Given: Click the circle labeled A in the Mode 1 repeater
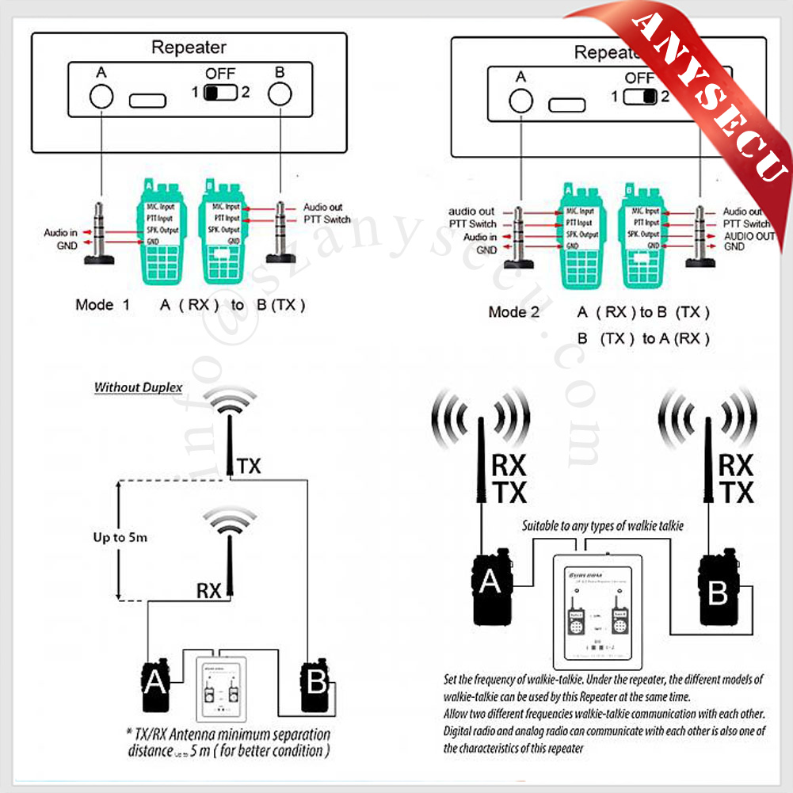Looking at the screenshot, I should (x=101, y=96).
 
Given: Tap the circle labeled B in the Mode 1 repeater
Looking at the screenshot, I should (x=279, y=94).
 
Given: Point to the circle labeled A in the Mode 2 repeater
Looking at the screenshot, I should (x=520, y=100).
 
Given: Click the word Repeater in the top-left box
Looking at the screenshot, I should (x=189, y=48).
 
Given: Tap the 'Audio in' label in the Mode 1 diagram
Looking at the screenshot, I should (x=60, y=233).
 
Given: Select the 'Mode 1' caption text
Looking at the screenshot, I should (x=102, y=304).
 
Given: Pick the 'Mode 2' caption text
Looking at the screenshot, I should (x=513, y=312).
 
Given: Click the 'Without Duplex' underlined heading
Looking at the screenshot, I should (x=139, y=388).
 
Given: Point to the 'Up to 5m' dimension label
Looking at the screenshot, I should (x=120, y=537).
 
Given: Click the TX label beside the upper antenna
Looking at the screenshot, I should (x=248, y=467).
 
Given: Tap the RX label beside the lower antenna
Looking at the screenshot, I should (x=209, y=589).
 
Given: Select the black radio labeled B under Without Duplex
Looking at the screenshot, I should (x=317, y=683).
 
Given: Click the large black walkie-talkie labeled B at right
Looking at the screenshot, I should (x=718, y=589).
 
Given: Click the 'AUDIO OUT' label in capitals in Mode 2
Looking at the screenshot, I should (x=749, y=236).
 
